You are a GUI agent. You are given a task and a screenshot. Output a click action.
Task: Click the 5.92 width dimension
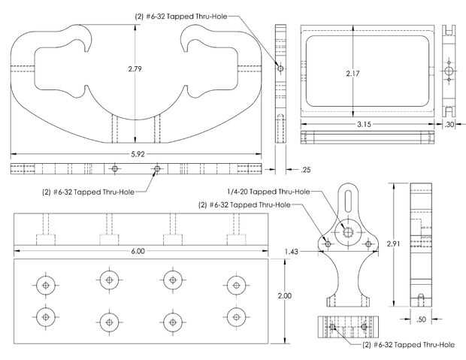click(138, 154)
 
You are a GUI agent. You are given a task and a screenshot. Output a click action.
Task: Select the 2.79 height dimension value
click(135, 69)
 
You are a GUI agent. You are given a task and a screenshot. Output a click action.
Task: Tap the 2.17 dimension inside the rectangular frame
click(353, 74)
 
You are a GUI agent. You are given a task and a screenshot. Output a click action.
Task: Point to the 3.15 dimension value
click(364, 124)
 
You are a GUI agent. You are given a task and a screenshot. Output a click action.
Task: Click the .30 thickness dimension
click(449, 125)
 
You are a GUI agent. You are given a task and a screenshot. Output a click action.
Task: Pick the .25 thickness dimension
click(305, 170)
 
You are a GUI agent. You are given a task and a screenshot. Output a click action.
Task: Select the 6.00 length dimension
click(138, 251)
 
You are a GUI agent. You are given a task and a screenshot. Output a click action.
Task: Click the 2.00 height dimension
click(285, 296)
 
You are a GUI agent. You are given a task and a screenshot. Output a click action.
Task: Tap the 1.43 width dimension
click(292, 252)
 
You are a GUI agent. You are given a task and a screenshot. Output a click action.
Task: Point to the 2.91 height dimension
click(393, 244)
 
